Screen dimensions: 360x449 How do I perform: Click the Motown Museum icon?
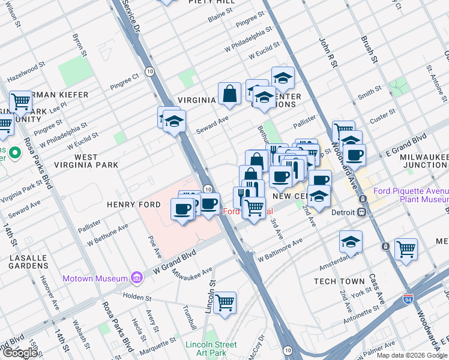137,278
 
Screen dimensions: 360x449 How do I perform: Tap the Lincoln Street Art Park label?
211,349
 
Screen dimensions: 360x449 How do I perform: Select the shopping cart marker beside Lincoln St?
224,303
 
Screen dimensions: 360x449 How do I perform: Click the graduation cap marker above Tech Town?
351,242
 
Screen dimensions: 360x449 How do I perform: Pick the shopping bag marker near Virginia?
229,94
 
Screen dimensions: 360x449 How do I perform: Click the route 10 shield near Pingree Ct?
149,71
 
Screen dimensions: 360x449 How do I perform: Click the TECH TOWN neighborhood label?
339,281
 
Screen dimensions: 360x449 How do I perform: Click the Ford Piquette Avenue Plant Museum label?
411,195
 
